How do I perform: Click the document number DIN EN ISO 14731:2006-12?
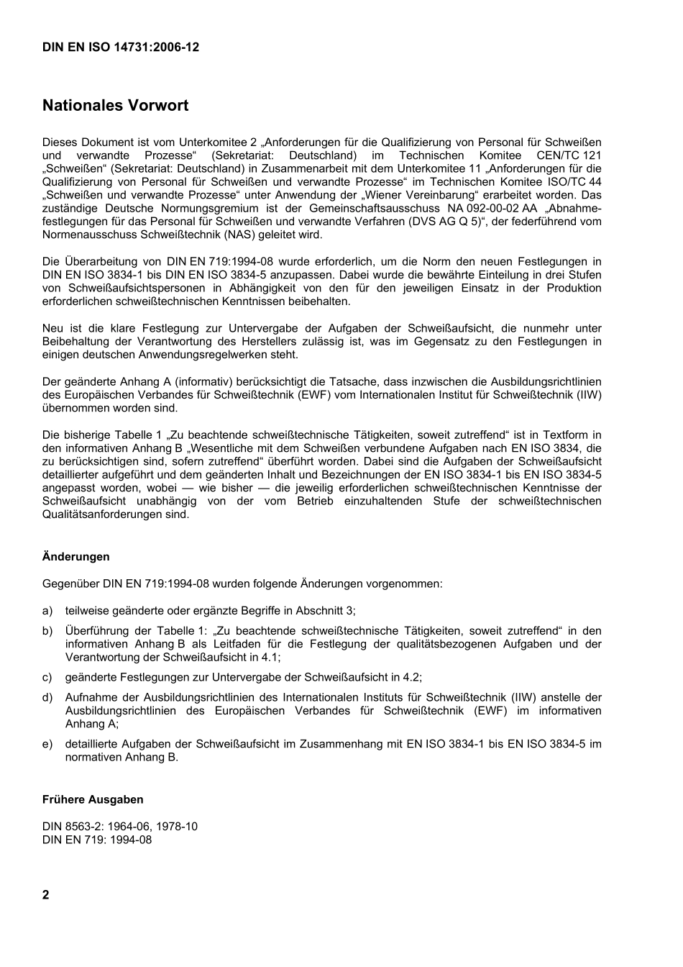[x=121, y=47]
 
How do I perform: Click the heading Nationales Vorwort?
[x=115, y=106]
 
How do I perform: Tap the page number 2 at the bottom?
[x=46, y=895]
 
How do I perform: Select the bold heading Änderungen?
[x=75, y=557]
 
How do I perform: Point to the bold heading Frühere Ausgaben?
[x=93, y=799]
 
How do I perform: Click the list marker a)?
[x=47, y=611]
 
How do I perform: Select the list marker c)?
[x=47, y=677]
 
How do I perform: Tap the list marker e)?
[x=47, y=744]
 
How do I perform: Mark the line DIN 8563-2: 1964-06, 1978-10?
[x=120, y=826]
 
